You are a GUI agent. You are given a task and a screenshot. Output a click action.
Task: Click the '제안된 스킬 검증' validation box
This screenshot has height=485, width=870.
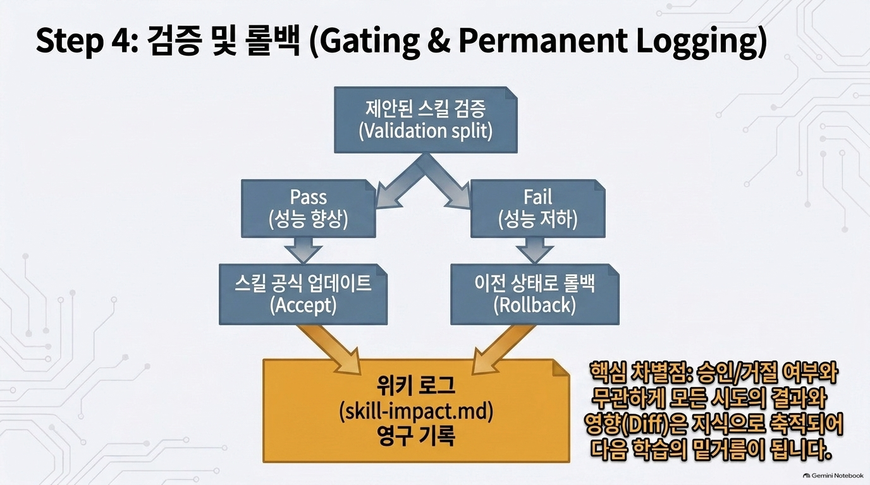pos(426,119)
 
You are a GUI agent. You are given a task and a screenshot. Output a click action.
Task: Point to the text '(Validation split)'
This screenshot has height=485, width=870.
pos(426,131)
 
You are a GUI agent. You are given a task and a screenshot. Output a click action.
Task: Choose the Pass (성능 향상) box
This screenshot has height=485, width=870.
pos(309,208)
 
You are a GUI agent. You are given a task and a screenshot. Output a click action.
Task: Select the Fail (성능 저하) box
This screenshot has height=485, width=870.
pos(538,208)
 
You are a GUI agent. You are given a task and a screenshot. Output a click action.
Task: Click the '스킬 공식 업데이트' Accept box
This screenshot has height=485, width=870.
pos(303,294)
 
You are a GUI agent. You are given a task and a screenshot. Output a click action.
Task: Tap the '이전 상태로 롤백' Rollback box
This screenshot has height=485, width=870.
pos(535,294)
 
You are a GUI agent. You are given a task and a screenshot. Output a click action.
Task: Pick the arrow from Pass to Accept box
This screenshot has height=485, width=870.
pos(303,250)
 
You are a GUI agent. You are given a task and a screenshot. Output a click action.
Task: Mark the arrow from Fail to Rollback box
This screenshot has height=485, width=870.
pos(535,250)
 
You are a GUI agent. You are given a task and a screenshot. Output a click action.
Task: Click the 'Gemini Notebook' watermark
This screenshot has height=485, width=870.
pos(833,476)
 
